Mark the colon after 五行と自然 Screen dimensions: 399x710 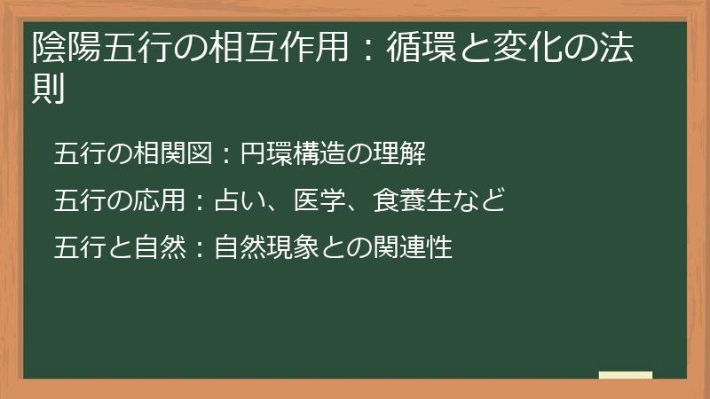(201, 247)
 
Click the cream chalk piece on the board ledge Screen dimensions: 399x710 (626, 376)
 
